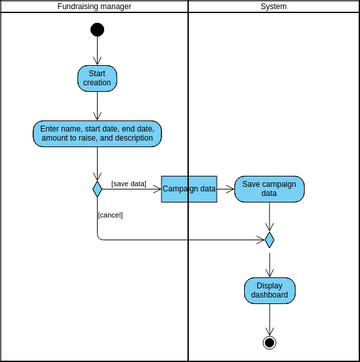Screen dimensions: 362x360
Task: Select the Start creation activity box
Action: (97, 78)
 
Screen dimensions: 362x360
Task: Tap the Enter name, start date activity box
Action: (97, 134)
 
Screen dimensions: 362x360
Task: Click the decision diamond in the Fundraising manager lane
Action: (97, 189)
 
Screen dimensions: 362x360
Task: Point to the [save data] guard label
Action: (128, 183)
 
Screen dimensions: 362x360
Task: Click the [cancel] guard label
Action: (110, 214)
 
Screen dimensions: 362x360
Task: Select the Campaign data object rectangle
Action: (189, 189)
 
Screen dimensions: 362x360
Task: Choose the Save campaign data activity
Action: (269, 189)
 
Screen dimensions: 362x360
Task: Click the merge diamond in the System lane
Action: (269, 240)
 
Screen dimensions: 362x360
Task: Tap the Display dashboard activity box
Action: (269, 290)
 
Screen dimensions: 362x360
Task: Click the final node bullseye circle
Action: (269, 342)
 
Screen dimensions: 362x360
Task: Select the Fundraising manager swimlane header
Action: (95, 7)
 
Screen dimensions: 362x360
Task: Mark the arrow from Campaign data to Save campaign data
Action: (225, 189)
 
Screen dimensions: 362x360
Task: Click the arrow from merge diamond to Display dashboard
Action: (269, 262)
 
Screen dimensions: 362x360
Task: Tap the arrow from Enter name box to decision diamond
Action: (97, 163)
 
